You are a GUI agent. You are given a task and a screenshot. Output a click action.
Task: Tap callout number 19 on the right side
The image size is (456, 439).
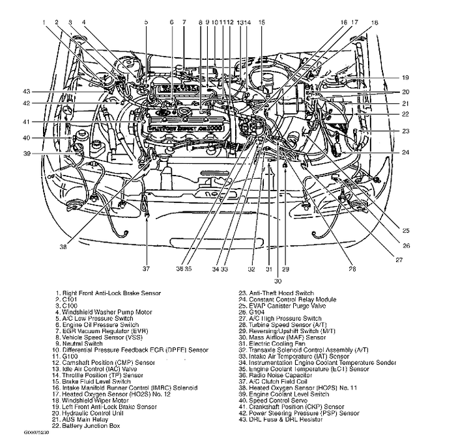pos(405,77)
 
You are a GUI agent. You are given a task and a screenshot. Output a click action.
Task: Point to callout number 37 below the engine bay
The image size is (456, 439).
pos(147,268)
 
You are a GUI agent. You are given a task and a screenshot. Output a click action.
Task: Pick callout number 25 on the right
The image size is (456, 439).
pos(405,230)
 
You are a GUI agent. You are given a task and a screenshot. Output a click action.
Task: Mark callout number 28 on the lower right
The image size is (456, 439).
pos(352,268)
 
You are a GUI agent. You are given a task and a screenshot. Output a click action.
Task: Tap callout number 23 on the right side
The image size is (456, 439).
pos(405,131)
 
